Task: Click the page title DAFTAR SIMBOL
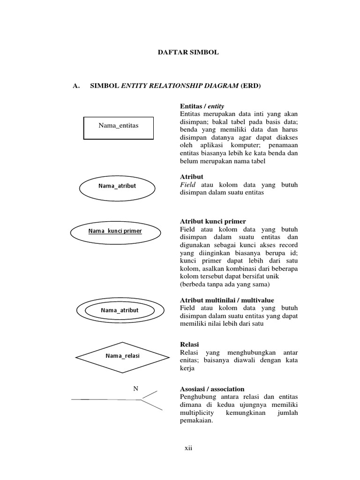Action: point(187,52)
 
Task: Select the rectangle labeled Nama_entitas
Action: point(119,128)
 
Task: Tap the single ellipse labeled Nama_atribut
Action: point(117,186)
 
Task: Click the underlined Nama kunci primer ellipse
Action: point(115,231)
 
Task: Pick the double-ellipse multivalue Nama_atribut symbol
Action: point(120,310)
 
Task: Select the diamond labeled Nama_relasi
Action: point(122,356)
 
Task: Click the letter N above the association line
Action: point(136,389)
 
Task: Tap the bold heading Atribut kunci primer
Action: point(213,221)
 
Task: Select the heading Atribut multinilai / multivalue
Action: point(227,300)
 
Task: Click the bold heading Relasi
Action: point(189,345)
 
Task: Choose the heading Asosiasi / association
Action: point(212,389)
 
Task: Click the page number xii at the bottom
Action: point(188,448)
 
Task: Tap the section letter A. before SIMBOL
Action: point(75,86)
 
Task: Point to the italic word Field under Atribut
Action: point(187,185)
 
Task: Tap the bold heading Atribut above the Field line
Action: point(192,177)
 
